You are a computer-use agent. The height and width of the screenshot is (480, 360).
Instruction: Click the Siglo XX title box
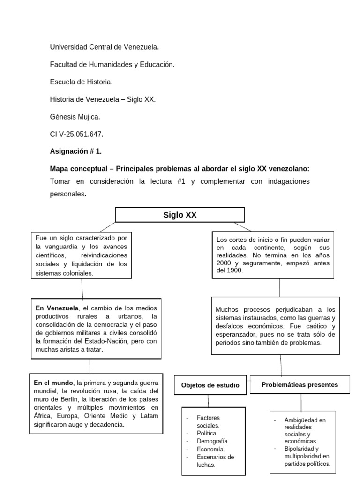(x=180, y=215)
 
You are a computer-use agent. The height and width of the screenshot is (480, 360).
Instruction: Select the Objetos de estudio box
(x=210, y=385)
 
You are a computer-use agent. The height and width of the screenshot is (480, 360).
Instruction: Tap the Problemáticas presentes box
(x=300, y=385)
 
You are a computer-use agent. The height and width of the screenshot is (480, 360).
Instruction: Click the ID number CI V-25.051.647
(x=76, y=135)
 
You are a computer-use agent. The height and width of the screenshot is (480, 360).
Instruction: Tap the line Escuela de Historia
(x=81, y=82)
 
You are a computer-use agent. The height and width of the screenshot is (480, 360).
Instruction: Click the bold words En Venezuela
(x=57, y=308)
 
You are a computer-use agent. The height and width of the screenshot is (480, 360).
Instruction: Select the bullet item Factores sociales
(x=209, y=421)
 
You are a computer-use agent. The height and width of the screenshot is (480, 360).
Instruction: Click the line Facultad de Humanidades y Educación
(x=112, y=65)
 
